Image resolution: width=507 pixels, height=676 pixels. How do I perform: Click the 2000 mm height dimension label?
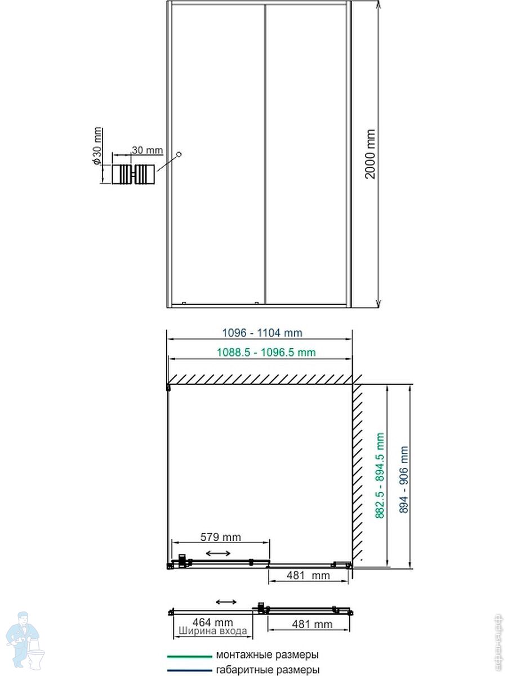370,154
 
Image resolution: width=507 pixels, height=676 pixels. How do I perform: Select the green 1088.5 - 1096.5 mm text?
266,352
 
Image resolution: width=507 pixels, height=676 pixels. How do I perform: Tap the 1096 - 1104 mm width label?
263,333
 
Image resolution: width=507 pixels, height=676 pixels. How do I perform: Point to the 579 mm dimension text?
220,537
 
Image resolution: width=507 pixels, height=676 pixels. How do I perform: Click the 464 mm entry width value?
213,622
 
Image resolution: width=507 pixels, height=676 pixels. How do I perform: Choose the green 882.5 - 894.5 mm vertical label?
380,476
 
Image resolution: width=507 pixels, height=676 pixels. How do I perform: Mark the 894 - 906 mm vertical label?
404,479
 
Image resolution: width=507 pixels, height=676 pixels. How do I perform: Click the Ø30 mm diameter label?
97,145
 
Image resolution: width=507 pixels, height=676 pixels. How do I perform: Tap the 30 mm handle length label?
148,150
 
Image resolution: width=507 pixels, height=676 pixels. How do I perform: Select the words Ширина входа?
213,631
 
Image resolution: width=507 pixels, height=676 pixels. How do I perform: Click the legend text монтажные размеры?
267,655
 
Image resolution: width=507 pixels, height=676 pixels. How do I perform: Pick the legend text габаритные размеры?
268,670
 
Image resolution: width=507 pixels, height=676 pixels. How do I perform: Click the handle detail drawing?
133,175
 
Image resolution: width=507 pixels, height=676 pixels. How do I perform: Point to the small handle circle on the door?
179,154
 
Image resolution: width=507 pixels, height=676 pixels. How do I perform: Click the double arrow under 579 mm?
218,553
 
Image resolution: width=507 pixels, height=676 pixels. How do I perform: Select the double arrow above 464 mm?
226,602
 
